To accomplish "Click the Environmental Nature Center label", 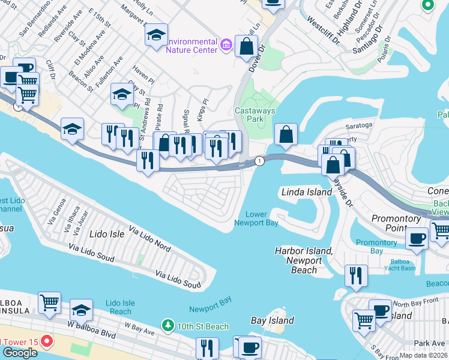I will pos(191,46).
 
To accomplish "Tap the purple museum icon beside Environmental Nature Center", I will pos(226,44).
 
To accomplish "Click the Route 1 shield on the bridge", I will pos(259,161).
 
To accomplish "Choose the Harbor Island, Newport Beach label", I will pos(303,260).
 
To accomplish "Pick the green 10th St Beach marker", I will pos(169,327).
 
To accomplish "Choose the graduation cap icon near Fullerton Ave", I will pos(122,94).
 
